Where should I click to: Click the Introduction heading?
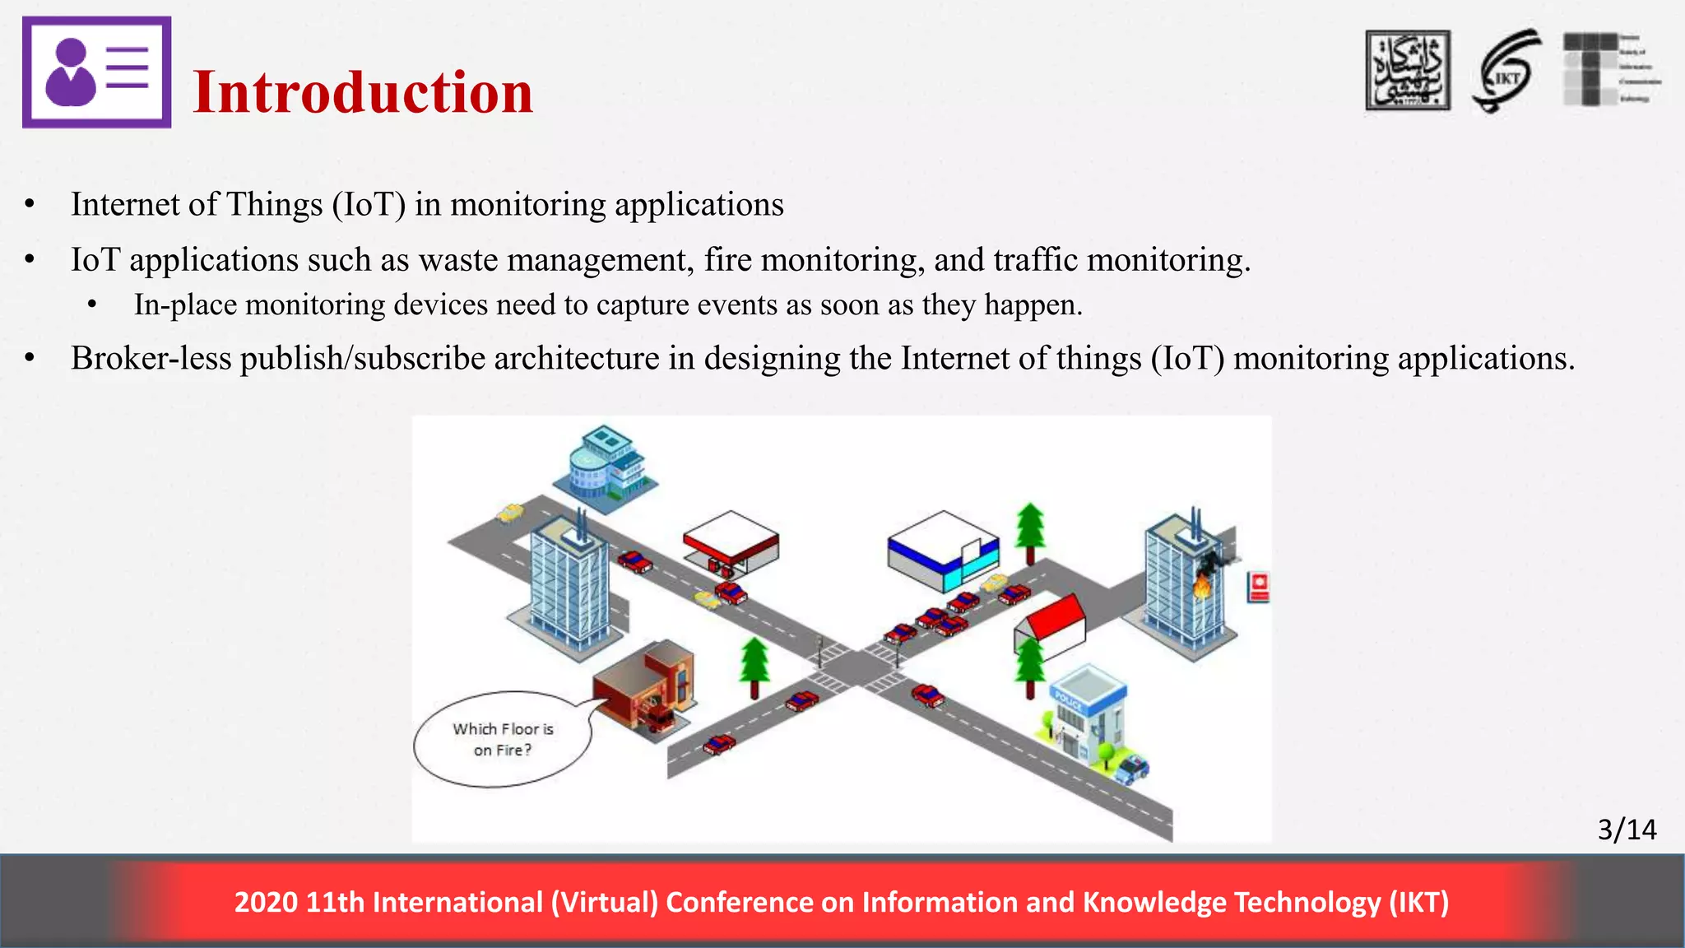tap(363, 92)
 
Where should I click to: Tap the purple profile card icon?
tap(96, 72)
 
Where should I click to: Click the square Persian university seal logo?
tap(1408, 71)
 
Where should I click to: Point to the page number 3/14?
tap(1627, 829)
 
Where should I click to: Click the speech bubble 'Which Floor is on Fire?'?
tap(503, 739)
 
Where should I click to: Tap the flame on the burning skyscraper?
tap(1202, 586)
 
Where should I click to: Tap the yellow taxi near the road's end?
tap(510, 513)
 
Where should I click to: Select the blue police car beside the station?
tap(1133, 769)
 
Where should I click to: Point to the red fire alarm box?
tap(1259, 587)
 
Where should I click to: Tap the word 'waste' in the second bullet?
tap(457, 260)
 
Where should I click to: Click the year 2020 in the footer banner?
tap(265, 903)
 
